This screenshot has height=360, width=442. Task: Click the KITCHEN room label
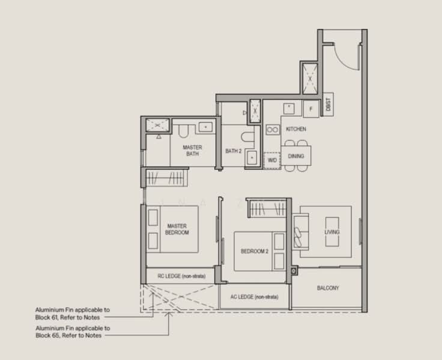tap(296, 129)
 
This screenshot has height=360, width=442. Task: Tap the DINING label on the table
tap(296, 156)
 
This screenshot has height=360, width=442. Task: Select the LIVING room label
tap(331, 232)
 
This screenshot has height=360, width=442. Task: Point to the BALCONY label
tap(328, 288)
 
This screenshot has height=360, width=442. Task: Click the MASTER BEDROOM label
tap(178, 229)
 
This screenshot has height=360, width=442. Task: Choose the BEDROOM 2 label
tap(254, 251)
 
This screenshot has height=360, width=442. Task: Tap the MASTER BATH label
tap(193, 150)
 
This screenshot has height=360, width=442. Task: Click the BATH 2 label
tap(233, 151)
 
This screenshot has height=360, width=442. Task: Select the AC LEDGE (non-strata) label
tap(254, 297)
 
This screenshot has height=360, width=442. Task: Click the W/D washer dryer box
tap(272, 160)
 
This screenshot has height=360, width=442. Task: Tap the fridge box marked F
tap(310, 109)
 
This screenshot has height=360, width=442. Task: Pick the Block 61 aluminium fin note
tap(72, 313)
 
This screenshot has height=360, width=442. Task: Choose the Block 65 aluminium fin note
tap(72, 332)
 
